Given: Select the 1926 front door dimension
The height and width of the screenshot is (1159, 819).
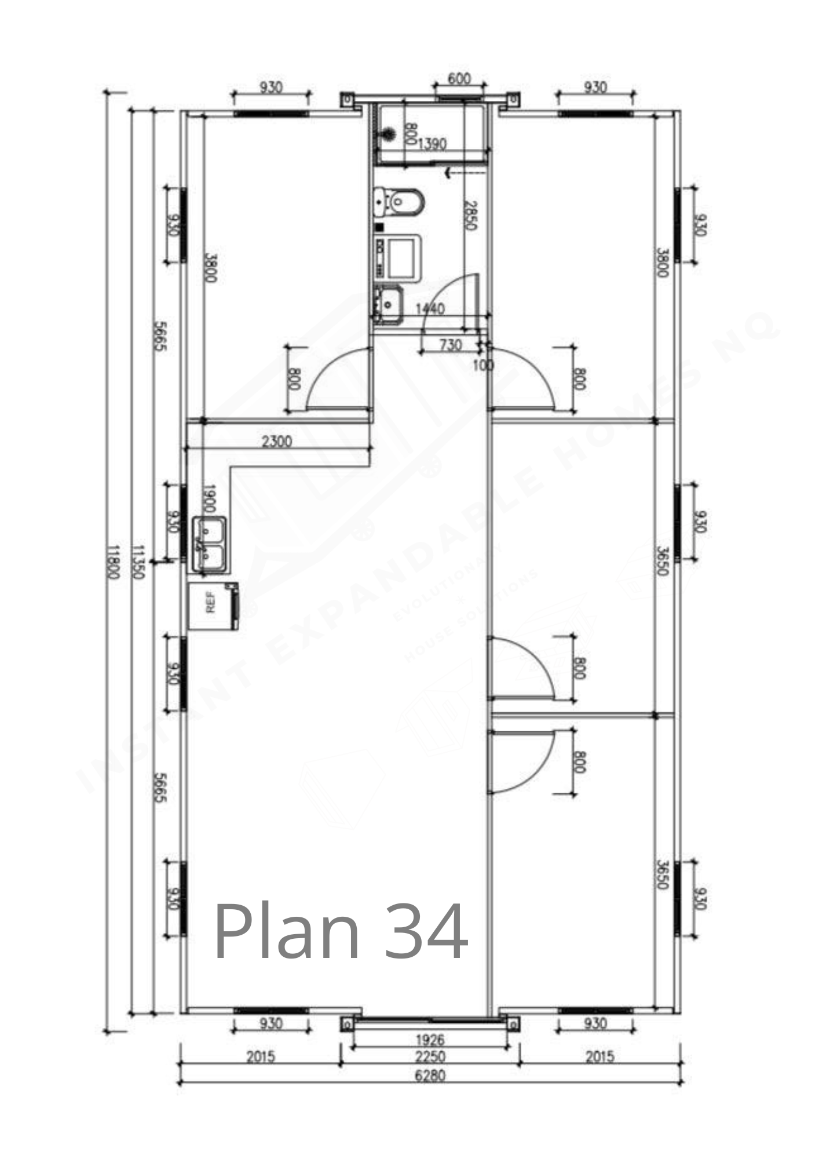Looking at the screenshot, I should coord(430,1040).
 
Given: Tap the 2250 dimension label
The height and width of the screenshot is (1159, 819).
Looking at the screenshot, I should coord(430,1056).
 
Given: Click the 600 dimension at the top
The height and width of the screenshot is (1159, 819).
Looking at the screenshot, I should coord(459,79).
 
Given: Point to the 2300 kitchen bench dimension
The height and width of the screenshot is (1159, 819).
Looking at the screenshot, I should coord(277,442).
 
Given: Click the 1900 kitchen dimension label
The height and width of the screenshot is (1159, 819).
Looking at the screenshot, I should coord(210,498).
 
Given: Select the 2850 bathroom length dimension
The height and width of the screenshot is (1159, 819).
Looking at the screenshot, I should coord(470,216).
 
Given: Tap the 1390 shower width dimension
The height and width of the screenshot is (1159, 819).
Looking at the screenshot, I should coord(432,144).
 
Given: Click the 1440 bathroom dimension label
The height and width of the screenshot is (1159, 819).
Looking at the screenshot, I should coord(430,309).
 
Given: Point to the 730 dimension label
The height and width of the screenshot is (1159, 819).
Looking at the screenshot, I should coord(451,346).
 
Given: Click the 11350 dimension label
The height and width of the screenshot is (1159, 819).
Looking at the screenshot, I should coord(138,562).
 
